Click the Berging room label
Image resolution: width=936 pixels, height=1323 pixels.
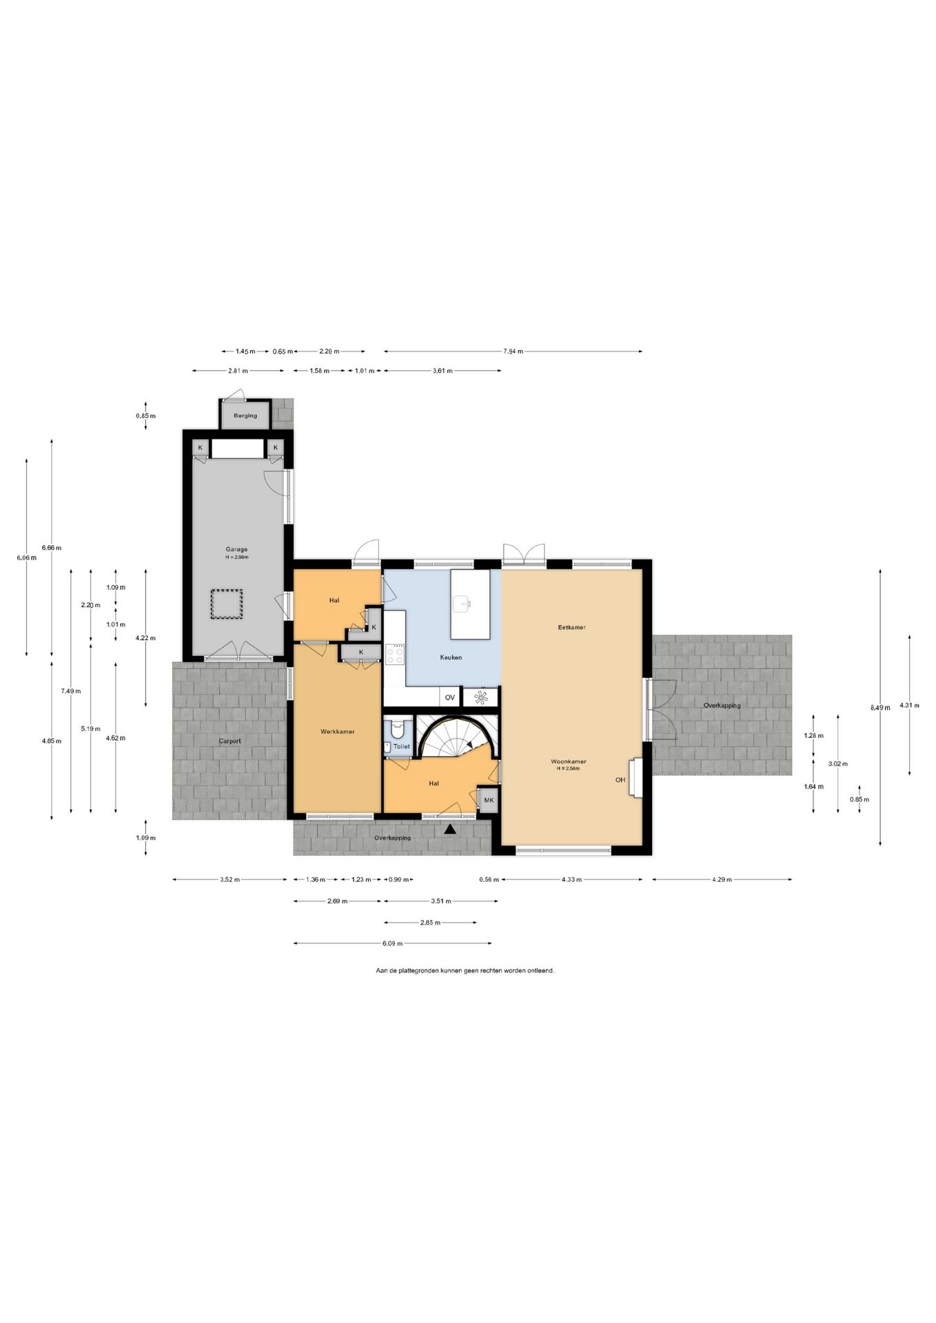pos(245,416)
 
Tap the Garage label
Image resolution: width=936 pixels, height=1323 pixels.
pos(236,550)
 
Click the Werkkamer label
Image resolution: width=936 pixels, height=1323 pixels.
pos(338,731)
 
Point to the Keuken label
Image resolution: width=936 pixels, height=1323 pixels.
pos(451,657)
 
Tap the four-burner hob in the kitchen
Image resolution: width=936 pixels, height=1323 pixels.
pos(396,654)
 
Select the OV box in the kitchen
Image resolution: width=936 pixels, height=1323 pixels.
pos(450,697)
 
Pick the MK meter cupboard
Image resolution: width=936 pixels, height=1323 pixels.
pos(489,800)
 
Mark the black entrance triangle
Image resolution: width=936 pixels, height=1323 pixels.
pos(450,830)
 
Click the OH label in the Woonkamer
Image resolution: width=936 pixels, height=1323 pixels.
pos(620,780)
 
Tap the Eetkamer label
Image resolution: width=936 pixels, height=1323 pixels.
pos(572,628)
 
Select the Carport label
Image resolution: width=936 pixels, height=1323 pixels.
pos(230,741)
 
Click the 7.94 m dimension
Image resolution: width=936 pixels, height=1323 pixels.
pos(513,351)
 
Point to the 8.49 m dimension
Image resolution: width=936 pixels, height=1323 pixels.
pos(880,707)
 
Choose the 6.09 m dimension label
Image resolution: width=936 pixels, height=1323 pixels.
pos(393,943)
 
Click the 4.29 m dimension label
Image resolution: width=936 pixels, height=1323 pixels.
pos(722,879)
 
